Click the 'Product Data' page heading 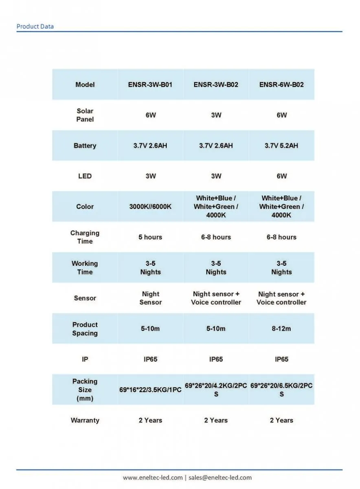pyautogui.click(x=35, y=26)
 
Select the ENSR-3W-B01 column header pyautogui.click(x=150, y=85)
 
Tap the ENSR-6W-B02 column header pyautogui.click(x=281, y=85)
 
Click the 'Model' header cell pyautogui.click(x=85, y=85)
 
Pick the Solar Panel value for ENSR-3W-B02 pyautogui.click(x=216, y=115)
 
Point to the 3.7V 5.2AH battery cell pyautogui.click(x=281, y=145)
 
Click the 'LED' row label pyautogui.click(x=85, y=176)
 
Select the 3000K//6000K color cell pyautogui.click(x=150, y=207)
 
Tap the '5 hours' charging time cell pyautogui.click(x=150, y=237)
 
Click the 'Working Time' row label pyautogui.click(x=85, y=268)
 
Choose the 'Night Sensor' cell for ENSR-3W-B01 pyautogui.click(x=150, y=298)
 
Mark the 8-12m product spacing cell pyautogui.click(x=281, y=328)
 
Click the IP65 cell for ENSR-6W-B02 pyautogui.click(x=281, y=359)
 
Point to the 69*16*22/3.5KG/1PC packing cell pyautogui.click(x=150, y=390)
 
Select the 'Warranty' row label pyautogui.click(x=85, y=420)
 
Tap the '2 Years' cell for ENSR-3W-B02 pyautogui.click(x=216, y=420)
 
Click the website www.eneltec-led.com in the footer pyautogui.click(x=153, y=478)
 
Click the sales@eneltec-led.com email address pyautogui.click(x=220, y=478)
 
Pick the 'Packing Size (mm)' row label pyautogui.click(x=85, y=390)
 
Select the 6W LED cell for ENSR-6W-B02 pyautogui.click(x=281, y=176)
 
